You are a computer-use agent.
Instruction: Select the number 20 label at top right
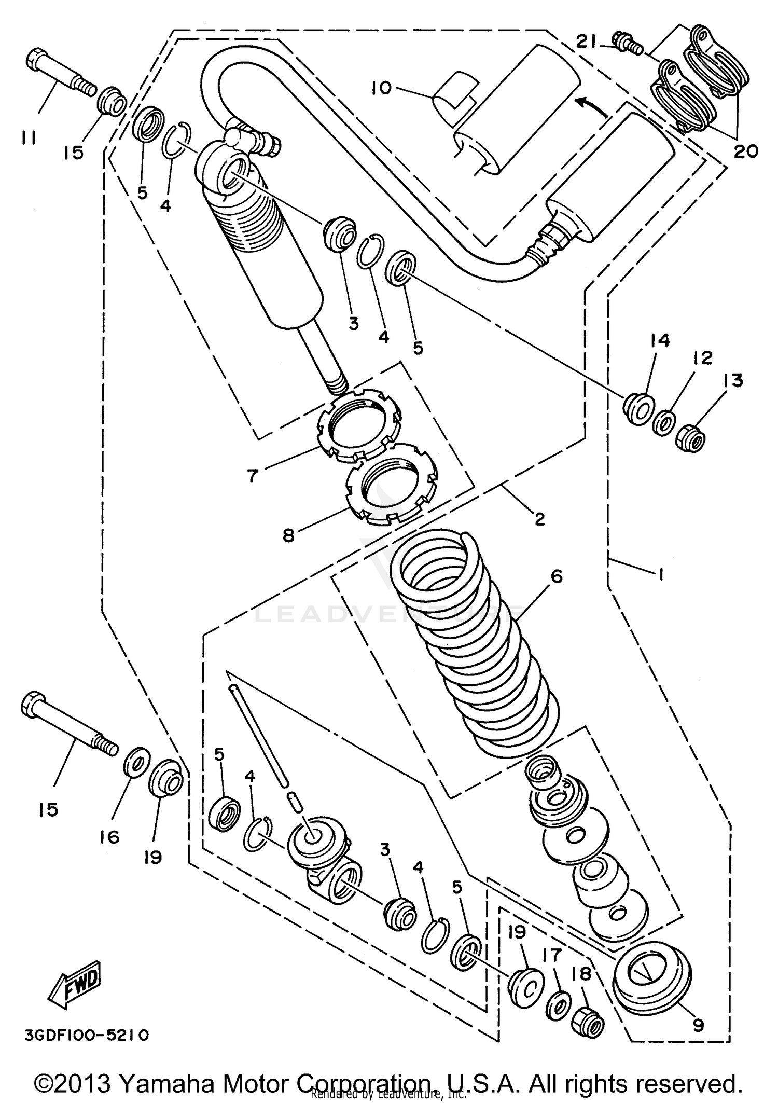point(746,151)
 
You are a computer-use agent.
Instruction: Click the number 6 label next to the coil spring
point(557,576)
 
